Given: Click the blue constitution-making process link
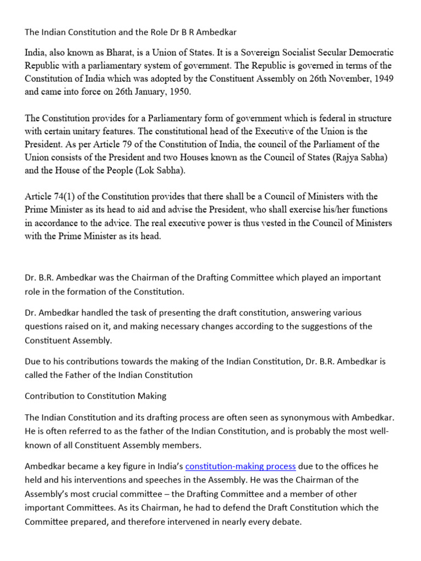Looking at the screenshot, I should pos(241,466).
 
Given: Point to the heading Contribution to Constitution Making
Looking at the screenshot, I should pos(95,396).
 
